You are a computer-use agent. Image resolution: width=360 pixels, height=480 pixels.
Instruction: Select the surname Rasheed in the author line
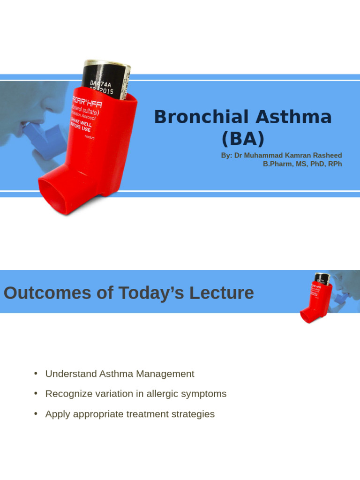pyautogui.click(x=326, y=155)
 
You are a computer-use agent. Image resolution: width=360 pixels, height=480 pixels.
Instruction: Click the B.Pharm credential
pyautogui.click(x=277, y=164)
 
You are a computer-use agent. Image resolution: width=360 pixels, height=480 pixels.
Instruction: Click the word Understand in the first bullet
pyautogui.click(x=71, y=374)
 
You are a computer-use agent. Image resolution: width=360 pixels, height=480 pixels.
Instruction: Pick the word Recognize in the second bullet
pyautogui.click(x=68, y=394)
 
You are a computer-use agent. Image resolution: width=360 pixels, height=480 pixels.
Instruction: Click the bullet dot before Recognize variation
pyautogui.click(x=36, y=393)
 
